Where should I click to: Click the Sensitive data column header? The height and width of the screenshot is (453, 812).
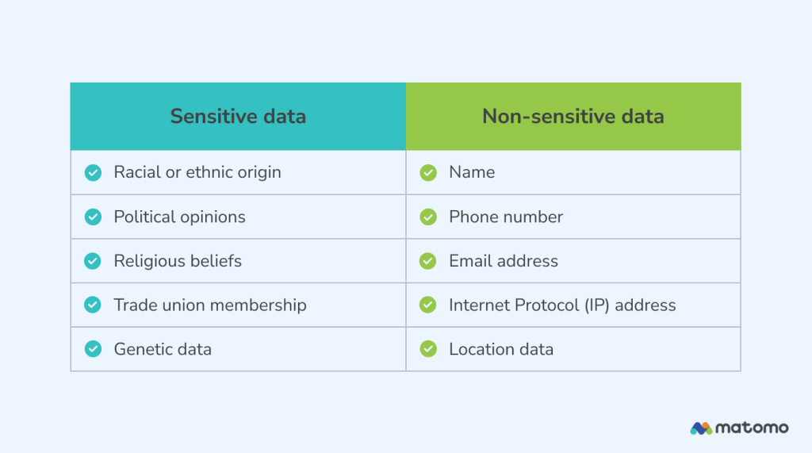(x=238, y=117)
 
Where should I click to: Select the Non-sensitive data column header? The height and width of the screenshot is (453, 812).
(x=573, y=117)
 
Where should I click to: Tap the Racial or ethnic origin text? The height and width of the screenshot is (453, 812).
(x=197, y=172)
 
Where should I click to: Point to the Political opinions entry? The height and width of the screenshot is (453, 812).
(x=179, y=217)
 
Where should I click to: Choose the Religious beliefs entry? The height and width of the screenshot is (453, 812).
(x=178, y=261)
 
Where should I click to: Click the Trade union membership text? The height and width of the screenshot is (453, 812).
(x=210, y=305)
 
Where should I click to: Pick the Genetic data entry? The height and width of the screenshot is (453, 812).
(x=163, y=349)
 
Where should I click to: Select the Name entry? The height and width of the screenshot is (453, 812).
(x=472, y=172)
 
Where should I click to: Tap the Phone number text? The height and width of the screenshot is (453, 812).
(x=506, y=217)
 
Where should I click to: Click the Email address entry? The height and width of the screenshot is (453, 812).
(x=504, y=261)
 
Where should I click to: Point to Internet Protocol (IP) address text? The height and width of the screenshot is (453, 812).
(x=562, y=305)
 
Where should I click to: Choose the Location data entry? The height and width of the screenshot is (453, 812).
(x=501, y=349)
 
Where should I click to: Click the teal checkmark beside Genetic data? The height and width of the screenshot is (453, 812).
(x=94, y=349)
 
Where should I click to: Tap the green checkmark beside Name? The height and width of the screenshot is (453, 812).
(x=428, y=172)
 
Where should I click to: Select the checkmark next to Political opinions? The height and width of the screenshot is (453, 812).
(x=94, y=217)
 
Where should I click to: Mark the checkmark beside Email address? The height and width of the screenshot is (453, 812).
(x=428, y=261)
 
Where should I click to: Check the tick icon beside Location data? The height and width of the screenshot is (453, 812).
(x=428, y=349)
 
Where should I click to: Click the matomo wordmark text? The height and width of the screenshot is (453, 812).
(x=752, y=428)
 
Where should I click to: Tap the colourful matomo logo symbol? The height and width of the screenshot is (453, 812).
(x=701, y=428)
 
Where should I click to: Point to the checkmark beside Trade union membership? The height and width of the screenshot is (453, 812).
(x=94, y=305)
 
